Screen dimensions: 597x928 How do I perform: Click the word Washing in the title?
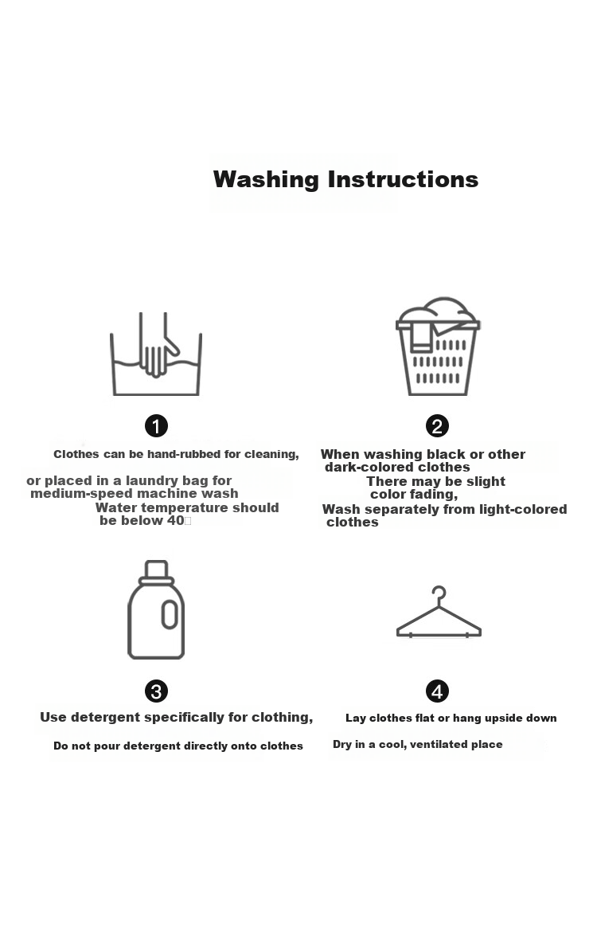click(x=266, y=180)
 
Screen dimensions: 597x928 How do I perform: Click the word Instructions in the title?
click(x=403, y=179)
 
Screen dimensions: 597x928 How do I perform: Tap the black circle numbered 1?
click(x=156, y=425)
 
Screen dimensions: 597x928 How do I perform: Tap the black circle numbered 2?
click(x=437, y=425)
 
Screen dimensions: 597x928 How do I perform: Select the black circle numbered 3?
click(x=156, y=691)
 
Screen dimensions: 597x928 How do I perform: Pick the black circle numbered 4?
click(x=437, y=691)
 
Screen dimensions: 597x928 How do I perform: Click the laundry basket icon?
click(x=438, y=347)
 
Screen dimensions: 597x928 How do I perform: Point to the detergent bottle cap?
click(x=156, y=572)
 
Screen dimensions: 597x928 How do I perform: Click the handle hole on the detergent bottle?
click(x=170, y=614)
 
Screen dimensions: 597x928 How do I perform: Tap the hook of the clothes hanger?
click(x=439, y=595)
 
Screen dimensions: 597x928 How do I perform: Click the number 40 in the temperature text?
click(x=176, y=521)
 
